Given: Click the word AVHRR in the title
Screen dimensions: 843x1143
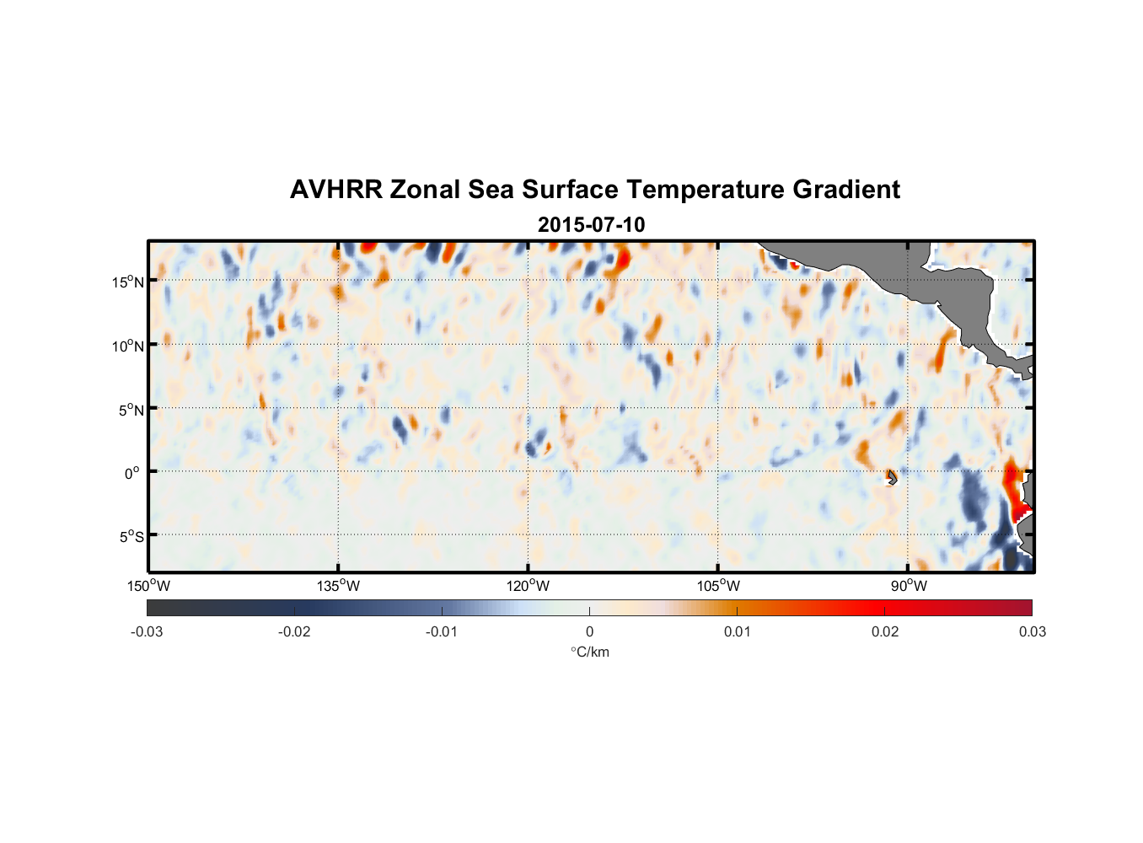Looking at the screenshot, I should point(335,190).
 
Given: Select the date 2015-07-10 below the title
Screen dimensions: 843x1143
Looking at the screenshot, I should point(591,225).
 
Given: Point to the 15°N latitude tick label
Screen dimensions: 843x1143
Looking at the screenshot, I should point(128,282).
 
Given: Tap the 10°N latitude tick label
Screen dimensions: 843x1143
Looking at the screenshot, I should point(128,346).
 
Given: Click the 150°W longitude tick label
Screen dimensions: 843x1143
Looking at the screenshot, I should point(149,586).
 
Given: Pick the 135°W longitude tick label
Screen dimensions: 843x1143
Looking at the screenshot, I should point(339,586).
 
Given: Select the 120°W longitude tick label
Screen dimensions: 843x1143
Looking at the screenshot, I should point(529,586).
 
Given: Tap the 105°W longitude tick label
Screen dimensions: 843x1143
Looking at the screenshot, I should point(718,586).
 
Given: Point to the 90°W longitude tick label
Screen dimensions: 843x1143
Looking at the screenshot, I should point(909,586).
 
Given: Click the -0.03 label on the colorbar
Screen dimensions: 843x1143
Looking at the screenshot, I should point(147,631).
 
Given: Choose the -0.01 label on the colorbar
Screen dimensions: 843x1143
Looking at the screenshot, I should point(442,631).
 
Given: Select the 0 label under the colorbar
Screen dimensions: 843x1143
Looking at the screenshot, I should point(589,631).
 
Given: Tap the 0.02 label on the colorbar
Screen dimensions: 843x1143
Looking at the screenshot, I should point(885,631).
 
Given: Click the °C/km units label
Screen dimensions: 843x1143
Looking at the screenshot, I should point(590,652).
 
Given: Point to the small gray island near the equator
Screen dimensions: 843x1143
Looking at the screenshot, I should point(892,477).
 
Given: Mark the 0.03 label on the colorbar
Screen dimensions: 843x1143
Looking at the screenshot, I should point(1032,631).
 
